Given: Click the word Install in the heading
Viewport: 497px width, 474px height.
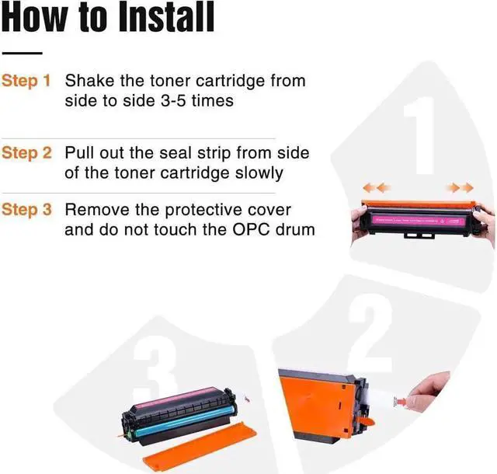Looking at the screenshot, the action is tap(166, 17).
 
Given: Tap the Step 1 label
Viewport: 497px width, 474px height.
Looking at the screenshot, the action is tap(26, 81).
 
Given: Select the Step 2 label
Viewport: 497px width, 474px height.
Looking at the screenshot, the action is tap(26, 152).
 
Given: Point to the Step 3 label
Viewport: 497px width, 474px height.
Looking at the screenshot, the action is tap(26, 210).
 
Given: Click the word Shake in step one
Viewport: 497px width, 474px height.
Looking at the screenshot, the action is tap(90, 81).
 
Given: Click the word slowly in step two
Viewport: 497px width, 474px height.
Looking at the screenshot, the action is tap(259, 174).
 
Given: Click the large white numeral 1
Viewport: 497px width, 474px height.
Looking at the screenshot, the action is tap(419, 135).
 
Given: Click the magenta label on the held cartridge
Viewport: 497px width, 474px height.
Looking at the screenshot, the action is tap(418, 220).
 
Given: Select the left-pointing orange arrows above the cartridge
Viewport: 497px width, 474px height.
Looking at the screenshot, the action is tap(377, 188).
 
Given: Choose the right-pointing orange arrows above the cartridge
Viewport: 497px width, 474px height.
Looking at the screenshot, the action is tap(460, 188).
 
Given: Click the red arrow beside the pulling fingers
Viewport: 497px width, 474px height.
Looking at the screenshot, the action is tap(401, 402).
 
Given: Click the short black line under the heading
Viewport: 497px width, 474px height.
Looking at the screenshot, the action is tap(22, 53).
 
